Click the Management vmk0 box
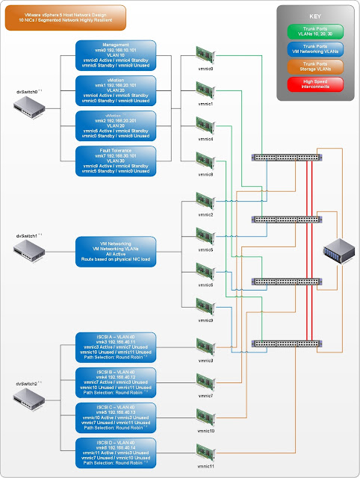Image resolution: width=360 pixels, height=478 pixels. pos(116,56)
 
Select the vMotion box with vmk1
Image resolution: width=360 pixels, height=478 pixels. pos(116,91)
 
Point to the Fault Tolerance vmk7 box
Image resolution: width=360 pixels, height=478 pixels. pos(116,162)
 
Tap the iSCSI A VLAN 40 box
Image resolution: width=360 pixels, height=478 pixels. pos(116,347)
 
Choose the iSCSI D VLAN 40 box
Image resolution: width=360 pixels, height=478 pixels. pos(116,453)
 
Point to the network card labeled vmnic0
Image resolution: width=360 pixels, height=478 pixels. pos(205,56)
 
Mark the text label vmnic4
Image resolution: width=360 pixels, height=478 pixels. pos(205,140)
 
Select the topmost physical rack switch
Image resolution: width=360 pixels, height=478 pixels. pos(287,158)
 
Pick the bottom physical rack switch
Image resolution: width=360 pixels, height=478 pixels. pos(287,344)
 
